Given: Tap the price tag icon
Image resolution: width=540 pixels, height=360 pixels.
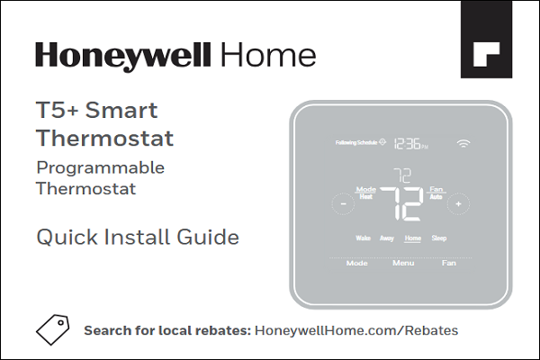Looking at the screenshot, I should pyautogui.click(x=52, y=329).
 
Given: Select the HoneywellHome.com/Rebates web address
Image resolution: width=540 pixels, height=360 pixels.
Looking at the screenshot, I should pyautogui.click(x=356, y=330).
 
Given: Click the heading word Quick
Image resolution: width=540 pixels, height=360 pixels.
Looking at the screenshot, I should pyautogui.click(x=63, y=238).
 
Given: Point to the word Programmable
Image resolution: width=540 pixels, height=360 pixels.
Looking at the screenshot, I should pyautogui.click(x=100, y=167).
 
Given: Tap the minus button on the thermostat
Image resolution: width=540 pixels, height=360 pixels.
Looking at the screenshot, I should pyautogui.click(x=344, y=204).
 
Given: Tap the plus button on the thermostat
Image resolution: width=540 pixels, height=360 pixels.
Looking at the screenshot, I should pyautogui.click(x=458, y=204).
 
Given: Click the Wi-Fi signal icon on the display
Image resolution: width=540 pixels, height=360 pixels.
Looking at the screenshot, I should pyautogui.click(x=464, y=143).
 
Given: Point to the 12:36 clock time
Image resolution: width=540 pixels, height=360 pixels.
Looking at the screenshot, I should pyautogui.click(x=410, y=143).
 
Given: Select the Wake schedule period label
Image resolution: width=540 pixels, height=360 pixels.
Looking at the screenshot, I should pyautogui.click(x=364, y=238).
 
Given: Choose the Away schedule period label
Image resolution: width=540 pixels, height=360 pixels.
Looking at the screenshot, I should pyautogui.click(x=387, y=238).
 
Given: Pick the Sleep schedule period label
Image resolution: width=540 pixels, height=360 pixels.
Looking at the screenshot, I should pyautogui.click(x=438, y=238).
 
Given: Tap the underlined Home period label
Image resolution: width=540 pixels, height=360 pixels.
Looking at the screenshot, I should pyautogui.click(x=413, y=238).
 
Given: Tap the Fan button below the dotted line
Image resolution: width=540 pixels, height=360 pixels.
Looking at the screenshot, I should pyautogui.click(x=448, y=264).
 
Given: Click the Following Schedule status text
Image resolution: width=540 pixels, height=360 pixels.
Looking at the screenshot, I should pyautogui.click(x=355, y=143).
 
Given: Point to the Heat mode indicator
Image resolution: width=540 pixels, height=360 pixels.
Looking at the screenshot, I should pyautogui.click(x=366, y=196).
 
